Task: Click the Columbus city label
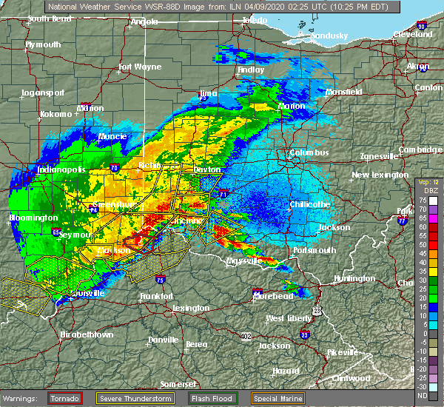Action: (309, 152)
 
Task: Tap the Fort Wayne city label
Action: (140, 67)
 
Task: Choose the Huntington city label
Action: (354, 278)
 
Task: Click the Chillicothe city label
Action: (309, 203)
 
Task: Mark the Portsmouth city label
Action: (314, 250)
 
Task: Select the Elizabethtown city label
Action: (86, 334)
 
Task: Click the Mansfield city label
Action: (343, 92)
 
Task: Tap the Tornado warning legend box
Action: (64, 398)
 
